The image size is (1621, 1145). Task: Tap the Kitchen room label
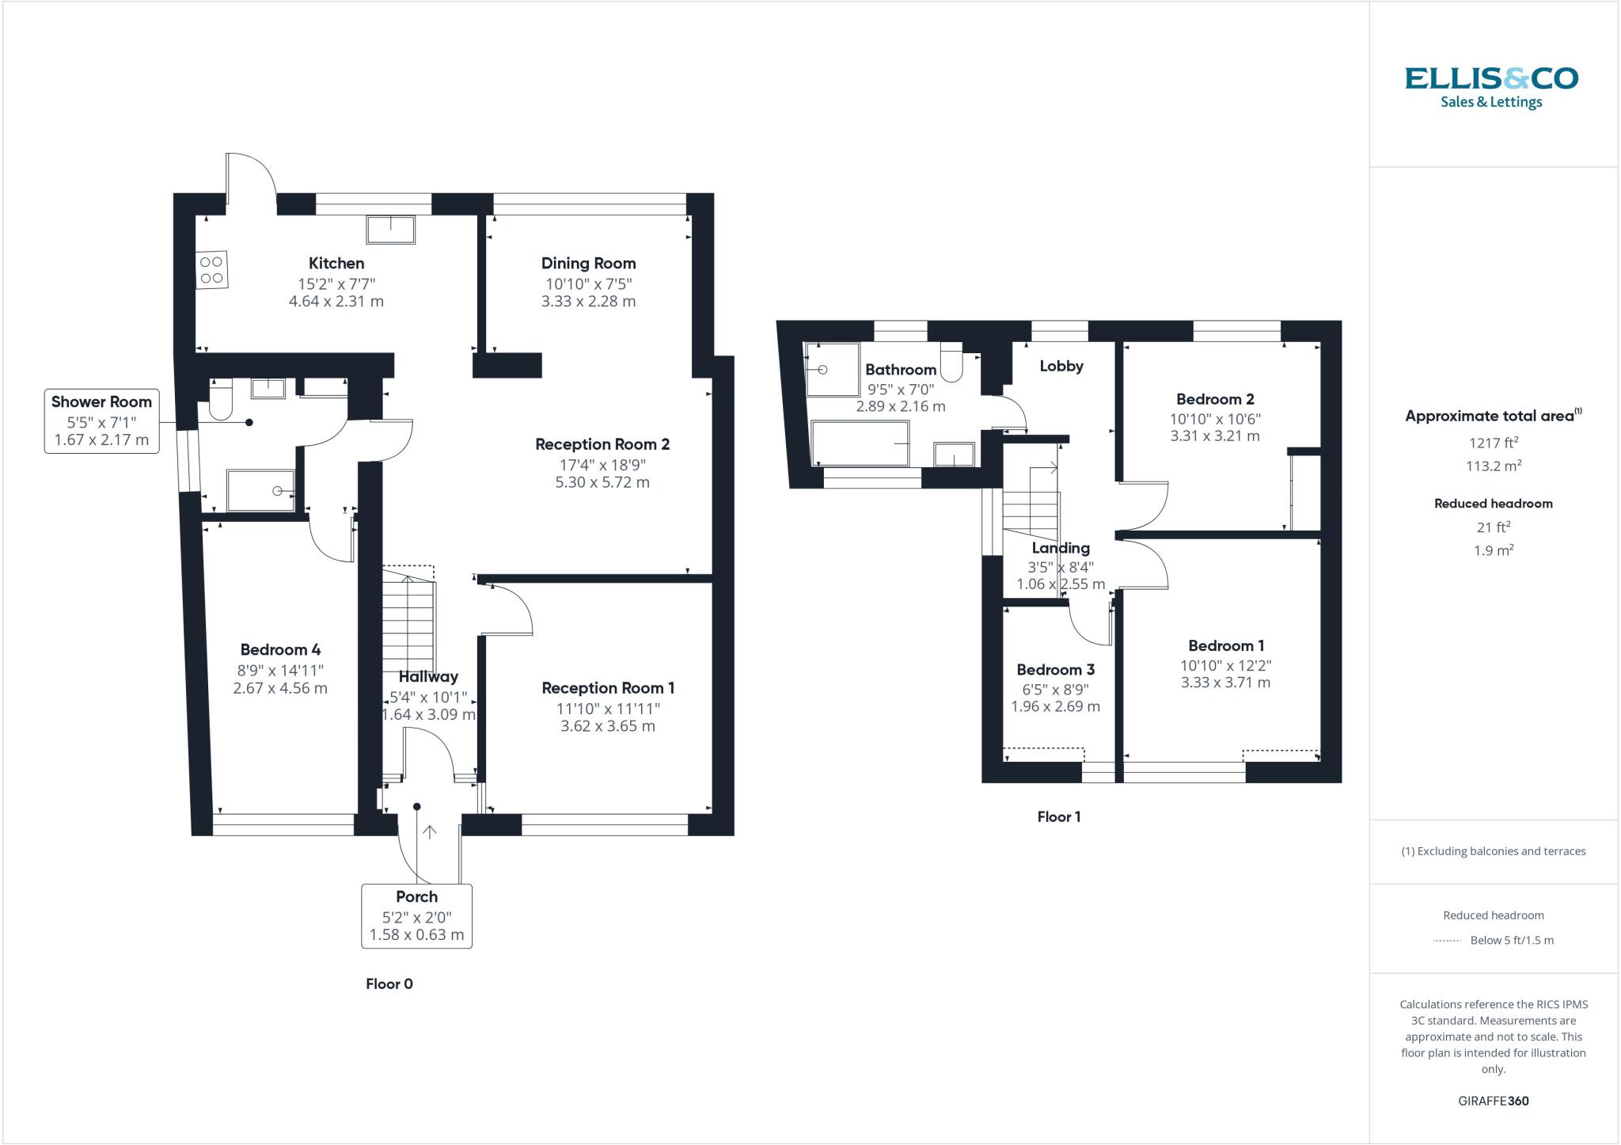[x=336, y=264]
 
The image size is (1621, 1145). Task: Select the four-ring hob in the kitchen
[x=212, y=270]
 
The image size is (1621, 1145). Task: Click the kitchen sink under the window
[x=390, y=229]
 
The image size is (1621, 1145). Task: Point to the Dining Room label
[x=588, y=264]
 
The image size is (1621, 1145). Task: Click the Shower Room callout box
[x=101, y=420]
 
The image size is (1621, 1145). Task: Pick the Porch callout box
[x=416, y=915]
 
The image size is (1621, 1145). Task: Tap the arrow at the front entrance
[x=430, y=832]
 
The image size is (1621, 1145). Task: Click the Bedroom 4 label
[x=280, y=650]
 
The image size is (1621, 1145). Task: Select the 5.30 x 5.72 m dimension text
[x=602, y=482]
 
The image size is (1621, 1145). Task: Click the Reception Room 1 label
[x=608, y=688]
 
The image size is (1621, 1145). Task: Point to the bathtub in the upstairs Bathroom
[x=862, y=443]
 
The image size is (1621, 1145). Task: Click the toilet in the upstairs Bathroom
[x=951, y=363]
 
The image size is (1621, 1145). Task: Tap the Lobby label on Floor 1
[x=1061, y=366]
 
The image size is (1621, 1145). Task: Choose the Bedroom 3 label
[x=1055, y=670]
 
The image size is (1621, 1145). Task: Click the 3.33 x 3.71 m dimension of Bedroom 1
[x=1225, y=683]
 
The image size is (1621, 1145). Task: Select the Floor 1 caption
[x=1058, y=817]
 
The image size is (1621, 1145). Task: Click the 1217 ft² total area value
[x=1493, y=443]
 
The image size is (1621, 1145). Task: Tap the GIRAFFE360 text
[x=1493, y=1101]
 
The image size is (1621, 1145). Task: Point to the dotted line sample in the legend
[x=1447, y=941]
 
